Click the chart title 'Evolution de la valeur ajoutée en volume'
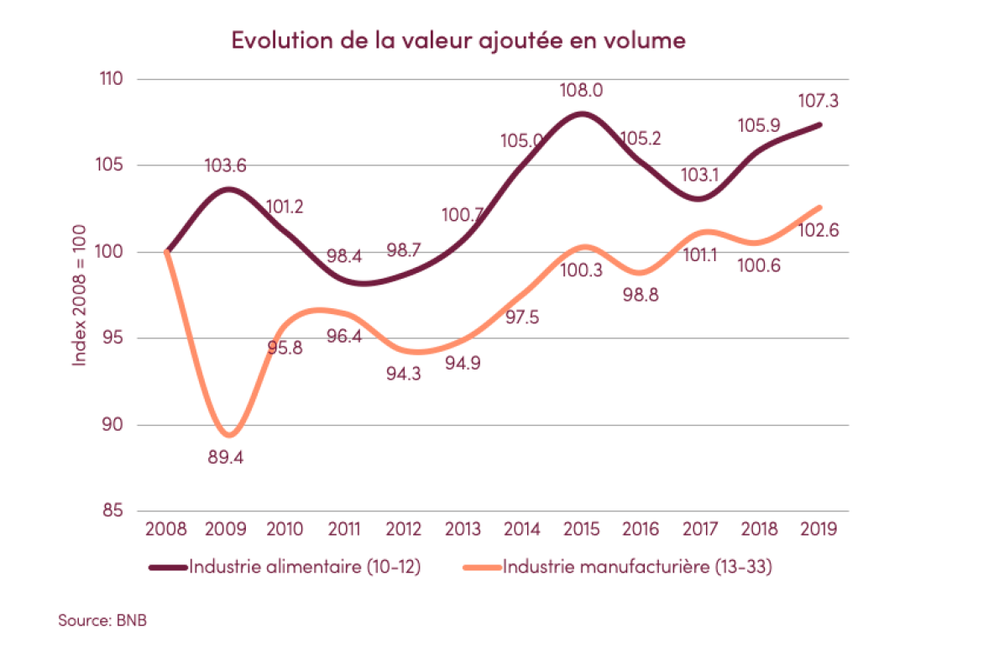458,40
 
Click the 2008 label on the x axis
166,529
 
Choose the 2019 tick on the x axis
819,529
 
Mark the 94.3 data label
405,374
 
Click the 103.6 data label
226,166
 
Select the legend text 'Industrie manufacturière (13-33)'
637,567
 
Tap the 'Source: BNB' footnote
96,621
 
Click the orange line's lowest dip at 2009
228,435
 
